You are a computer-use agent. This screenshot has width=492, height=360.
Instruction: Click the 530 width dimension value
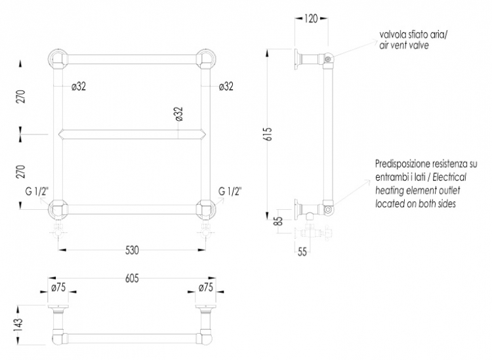tap(132, 250)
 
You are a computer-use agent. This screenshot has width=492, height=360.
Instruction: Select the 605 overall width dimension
tap(132, 278)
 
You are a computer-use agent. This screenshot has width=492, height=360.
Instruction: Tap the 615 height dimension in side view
tap(269, 134)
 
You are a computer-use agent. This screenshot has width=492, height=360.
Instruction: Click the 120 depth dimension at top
tap(311, 18)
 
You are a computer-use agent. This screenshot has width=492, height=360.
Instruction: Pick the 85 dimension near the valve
tap(278, 221)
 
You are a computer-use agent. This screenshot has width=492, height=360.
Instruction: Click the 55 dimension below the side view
tap(302, 252)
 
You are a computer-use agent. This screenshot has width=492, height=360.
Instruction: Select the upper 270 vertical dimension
tap(20, 96)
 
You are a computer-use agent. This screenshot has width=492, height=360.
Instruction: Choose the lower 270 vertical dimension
tap(20, 171)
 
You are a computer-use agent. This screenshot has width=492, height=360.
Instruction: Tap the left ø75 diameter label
tap(58, 287)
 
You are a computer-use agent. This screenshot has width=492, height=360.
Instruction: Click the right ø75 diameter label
tap(205, 287)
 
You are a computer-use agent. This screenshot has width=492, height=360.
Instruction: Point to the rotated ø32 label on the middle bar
tap(178, 114)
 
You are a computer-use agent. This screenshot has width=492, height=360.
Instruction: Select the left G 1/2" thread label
tap(37, 191)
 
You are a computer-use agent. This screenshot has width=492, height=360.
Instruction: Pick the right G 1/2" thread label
tap(230, 191)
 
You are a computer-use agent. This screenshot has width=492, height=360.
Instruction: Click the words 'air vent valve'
tap(404, 45)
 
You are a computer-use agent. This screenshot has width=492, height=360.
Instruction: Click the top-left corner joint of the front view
tap(58, 59)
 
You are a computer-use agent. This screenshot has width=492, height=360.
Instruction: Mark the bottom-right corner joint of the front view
tap(206, 209)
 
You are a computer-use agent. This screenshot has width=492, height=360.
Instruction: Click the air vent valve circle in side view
tap(328, 59)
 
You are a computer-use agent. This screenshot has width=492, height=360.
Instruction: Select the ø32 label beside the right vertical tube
tap(226, 87)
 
